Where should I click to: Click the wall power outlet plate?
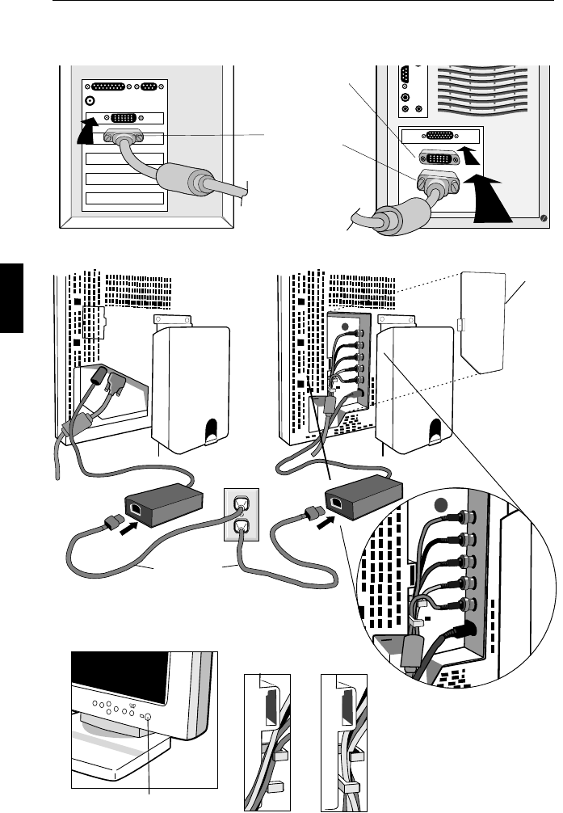point(241,517)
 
